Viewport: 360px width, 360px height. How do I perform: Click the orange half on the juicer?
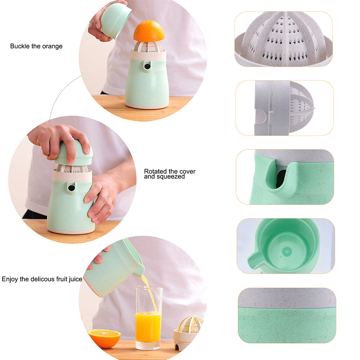tap(149, 31)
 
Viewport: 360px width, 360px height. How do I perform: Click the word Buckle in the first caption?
tap(20, 46)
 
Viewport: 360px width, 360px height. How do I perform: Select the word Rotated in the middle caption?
tap(155, 171)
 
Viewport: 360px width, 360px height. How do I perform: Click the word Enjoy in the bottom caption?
tap(10, 279)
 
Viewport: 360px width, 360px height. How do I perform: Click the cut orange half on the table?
tap(104, 338)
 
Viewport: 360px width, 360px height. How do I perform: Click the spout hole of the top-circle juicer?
tap(147, 67)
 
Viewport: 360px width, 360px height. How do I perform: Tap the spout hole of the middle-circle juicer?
tap(71, 188)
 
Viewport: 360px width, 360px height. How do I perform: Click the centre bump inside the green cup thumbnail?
tap(287, 252)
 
